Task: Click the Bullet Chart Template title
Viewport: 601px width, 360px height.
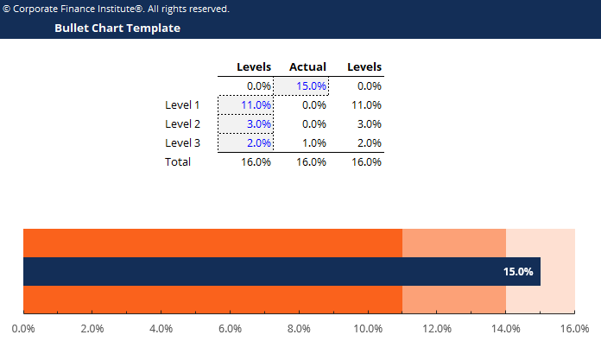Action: tap(117, 28)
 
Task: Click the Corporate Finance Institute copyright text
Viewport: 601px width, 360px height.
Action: tap(117, 9)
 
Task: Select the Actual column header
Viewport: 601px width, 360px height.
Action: tap(307, 66)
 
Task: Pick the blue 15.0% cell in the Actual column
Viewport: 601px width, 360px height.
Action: tap(310, 85)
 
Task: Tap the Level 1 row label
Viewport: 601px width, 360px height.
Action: tap(182, 104)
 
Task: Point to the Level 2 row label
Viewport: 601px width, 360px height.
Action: tap(182, 123)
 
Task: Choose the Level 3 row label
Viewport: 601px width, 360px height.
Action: tap(182, 142)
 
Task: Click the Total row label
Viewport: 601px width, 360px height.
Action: tap(178, 161)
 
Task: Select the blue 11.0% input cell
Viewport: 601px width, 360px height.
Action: tap(256, 104)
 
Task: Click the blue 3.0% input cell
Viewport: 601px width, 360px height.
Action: tap(259, 123)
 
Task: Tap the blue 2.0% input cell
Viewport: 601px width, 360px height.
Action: tap(259, 142)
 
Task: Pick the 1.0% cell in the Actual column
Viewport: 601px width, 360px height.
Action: tap(314, 142)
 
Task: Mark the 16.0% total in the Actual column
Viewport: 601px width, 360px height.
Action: tap(311, 161)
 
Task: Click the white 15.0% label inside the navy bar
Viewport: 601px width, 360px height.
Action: tap(518, 272)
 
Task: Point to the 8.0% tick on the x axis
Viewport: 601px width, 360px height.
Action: tap(299, 328)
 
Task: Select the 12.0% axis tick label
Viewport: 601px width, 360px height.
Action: tap(437, 328)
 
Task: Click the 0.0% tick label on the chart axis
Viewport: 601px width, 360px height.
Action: tap(23, 328)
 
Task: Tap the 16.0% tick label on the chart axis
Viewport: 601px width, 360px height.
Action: tap(574, 328)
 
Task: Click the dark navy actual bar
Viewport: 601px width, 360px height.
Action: tap(259, 272)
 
